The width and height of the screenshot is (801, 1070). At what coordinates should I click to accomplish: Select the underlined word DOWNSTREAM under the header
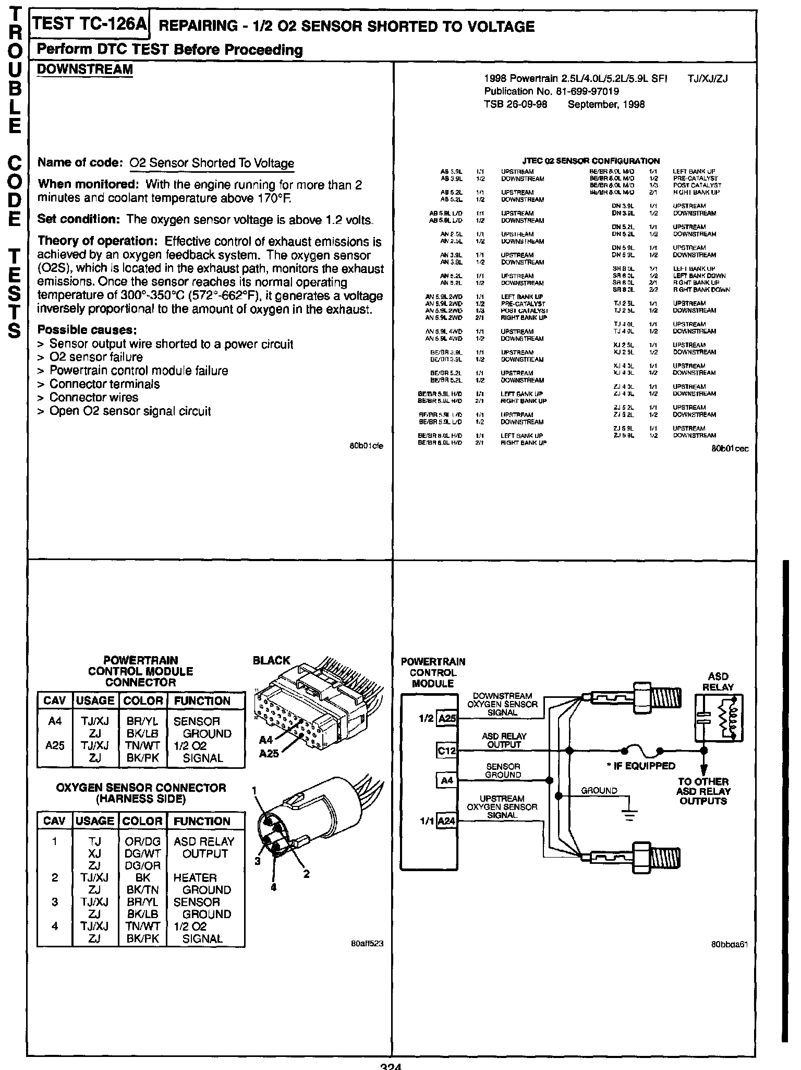(85, 69)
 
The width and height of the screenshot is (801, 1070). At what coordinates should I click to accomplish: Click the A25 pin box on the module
(447, 719)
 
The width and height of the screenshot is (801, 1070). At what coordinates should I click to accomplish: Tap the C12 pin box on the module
(446, 751)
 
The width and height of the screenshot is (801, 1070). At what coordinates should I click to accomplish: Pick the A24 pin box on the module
(446, 821)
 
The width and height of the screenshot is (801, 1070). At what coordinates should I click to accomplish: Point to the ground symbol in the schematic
(630, 813)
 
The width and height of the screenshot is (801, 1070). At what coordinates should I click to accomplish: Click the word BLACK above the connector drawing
(271, 660)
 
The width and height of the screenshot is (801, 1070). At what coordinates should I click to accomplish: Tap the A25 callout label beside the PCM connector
(269, 753)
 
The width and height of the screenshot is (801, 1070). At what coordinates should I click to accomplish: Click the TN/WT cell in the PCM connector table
(142, 745)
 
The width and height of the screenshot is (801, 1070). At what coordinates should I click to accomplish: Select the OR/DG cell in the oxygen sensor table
(142, 841)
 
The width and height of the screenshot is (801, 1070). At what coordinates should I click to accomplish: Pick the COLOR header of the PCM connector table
(142, 700)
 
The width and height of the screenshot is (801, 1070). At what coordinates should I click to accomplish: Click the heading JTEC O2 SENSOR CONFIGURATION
(591, 161)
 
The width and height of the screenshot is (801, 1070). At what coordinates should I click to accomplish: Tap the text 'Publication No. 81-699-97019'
(551, 91)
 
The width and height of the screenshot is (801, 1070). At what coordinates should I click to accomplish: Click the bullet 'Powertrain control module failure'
(139, 371)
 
